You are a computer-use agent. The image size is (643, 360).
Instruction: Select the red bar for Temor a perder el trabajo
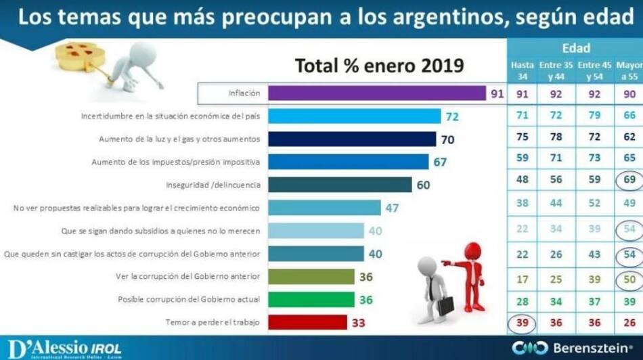click(307, 322)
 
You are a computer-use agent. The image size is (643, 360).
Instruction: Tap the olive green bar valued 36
click(311, 276)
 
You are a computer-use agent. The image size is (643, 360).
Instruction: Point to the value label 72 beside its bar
click(452, 116)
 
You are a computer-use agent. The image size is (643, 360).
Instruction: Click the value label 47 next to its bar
click(392, 208)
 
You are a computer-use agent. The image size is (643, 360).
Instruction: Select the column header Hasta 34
click(522, 70)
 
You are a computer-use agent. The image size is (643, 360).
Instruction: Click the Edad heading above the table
click(575, 48)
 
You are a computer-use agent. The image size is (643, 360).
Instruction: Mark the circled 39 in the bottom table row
click(522, 322)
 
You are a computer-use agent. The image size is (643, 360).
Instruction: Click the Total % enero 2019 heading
click(379, 66)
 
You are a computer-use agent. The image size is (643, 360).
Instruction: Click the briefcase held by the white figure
click(445, 305)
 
